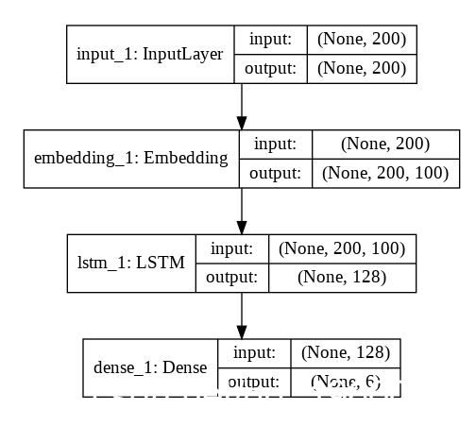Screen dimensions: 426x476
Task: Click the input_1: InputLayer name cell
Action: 149,54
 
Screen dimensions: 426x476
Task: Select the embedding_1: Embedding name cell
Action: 130,158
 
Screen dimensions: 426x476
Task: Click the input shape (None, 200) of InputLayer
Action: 362,40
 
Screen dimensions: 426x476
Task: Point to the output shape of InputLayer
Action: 362,68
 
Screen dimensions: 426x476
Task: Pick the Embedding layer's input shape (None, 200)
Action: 386,144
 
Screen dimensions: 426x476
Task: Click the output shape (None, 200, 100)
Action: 386,172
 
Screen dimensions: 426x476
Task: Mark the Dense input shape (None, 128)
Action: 345,351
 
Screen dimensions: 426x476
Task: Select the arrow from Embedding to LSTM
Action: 242,211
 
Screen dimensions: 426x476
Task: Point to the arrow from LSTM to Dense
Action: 242,315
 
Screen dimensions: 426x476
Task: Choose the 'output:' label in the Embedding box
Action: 275,172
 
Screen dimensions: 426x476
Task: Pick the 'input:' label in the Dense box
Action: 253,351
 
